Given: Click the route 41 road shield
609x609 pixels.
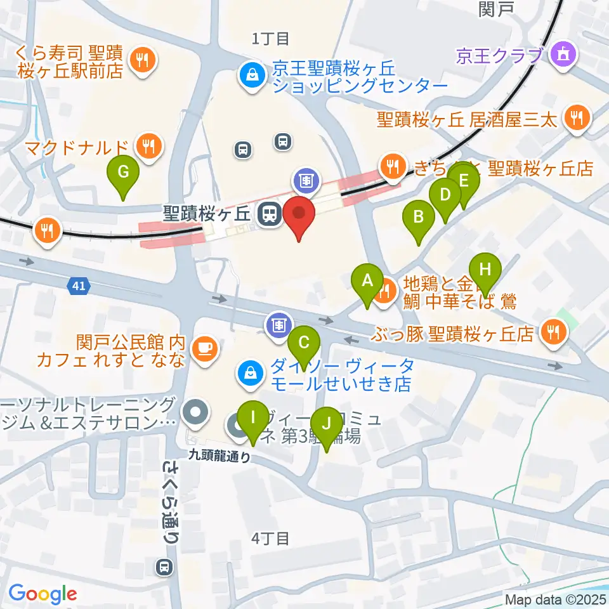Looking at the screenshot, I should pos(77,287).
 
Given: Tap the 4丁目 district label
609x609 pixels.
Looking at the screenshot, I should pos(270,539).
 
